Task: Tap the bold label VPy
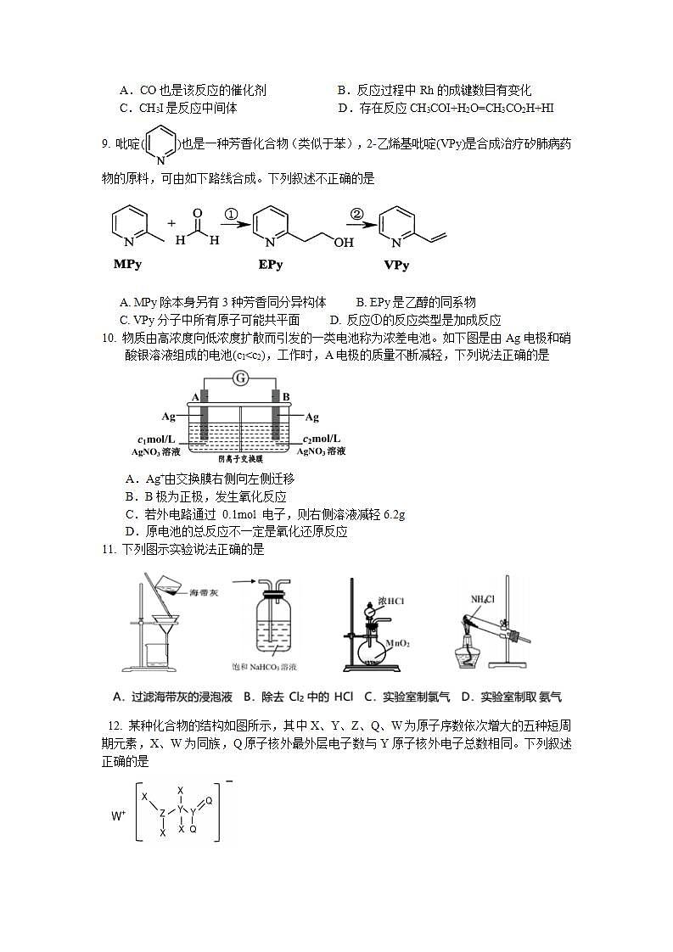(396, 265)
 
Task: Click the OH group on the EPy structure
(343, 243)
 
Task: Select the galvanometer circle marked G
(240, 378)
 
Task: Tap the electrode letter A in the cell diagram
(194, 396)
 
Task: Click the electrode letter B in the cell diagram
(286, 396)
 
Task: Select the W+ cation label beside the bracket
(119, 815)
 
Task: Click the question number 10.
(108, 339)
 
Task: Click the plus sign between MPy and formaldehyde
(171, 223)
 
